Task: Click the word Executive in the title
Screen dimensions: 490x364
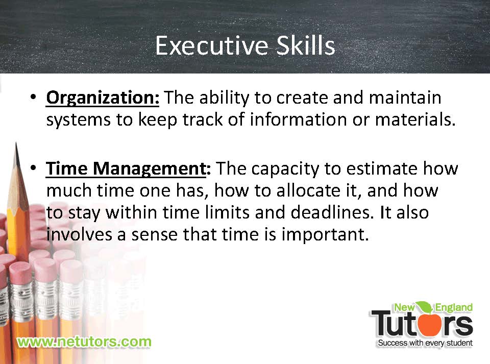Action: click(x=212, y=45)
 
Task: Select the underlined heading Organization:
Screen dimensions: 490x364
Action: click(x=103, y=99)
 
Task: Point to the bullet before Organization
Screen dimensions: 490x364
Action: click(x=33, y=96)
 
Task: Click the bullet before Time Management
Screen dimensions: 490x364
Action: click(x=33, y=168)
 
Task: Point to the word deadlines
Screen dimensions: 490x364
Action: click(x=332, y=212)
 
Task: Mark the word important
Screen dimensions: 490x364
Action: click(x=325, y=235)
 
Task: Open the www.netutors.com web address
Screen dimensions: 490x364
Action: click(x=84, y=342)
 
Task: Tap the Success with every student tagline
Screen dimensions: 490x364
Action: click(x=425, y=343)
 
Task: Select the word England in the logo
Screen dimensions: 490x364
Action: click(x=454, y=308)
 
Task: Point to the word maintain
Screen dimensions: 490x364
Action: click(x=405, y=98)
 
